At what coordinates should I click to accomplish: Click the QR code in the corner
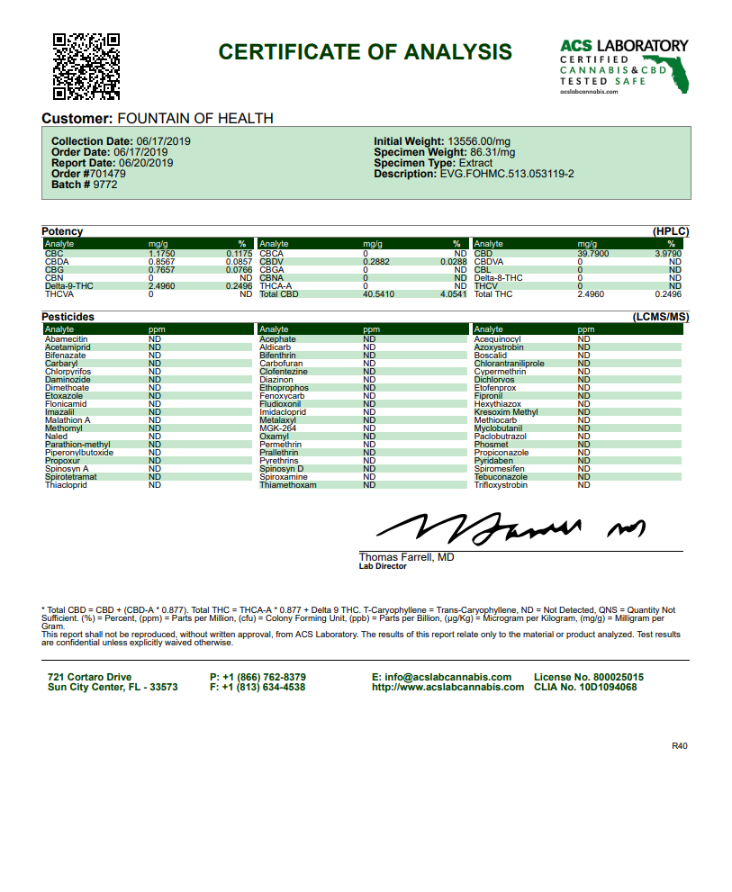86,66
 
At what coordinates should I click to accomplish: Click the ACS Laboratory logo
623,65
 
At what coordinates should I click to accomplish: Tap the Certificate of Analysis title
366,52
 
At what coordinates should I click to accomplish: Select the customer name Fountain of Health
195,119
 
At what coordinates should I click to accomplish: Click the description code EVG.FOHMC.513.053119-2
507,174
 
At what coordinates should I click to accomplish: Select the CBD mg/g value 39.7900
593,254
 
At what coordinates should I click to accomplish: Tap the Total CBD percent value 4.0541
451,294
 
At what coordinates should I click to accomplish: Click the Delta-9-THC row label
69,286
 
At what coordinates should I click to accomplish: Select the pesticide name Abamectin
67,339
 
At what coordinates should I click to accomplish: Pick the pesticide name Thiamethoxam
288,485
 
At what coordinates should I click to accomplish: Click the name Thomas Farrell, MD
406,558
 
